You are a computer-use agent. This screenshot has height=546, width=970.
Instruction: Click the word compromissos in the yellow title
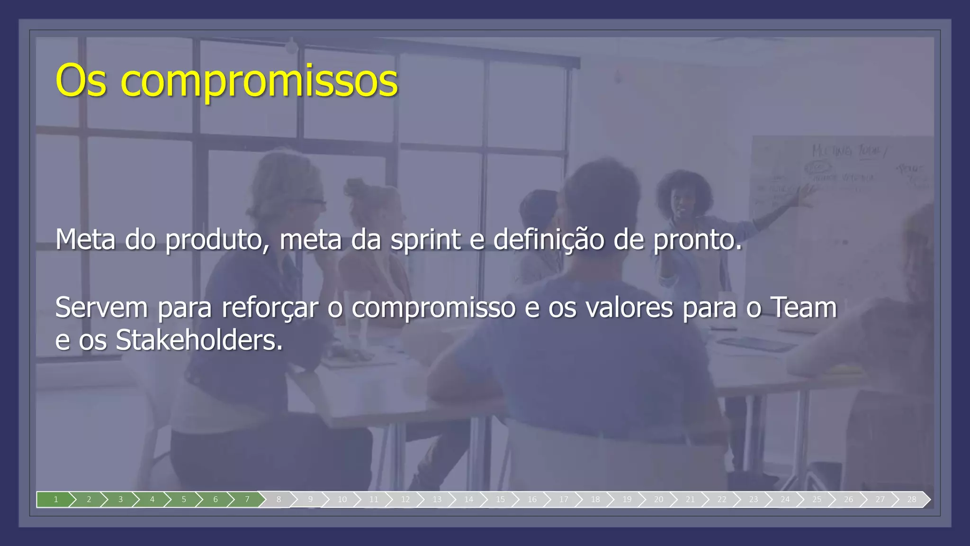260,82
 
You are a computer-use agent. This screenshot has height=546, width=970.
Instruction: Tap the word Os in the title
81,82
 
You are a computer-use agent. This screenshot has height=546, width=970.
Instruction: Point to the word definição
548,239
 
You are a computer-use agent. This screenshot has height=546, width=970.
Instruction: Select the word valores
629,308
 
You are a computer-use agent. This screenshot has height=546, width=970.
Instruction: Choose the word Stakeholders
199,340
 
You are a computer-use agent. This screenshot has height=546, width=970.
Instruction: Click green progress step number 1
55,500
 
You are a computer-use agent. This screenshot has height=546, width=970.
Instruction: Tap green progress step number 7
247,500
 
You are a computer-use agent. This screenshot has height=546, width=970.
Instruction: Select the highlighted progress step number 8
278,499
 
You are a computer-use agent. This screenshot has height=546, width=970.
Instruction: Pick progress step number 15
500,500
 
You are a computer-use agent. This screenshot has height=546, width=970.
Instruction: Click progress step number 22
721,500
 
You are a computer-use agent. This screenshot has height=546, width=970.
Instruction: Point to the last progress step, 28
911,500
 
